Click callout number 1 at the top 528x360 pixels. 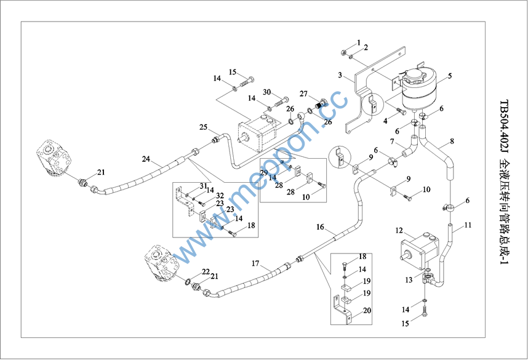pos(359,42)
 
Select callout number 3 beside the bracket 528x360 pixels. pos(339,75)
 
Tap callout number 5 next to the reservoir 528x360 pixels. pos(450,76)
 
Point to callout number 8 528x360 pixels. pos(452,141)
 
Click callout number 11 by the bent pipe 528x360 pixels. pos(468,225)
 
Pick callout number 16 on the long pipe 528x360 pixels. pos(320,227)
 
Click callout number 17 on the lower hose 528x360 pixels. pos(255,263)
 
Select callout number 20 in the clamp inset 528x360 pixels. pos(367,311)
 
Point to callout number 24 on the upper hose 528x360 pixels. pos(146,159)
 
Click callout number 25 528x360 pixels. pos(202,127)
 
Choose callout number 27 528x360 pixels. pos(304,94)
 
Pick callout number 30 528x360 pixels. pos(267,92)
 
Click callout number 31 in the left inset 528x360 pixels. pos(203,186)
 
